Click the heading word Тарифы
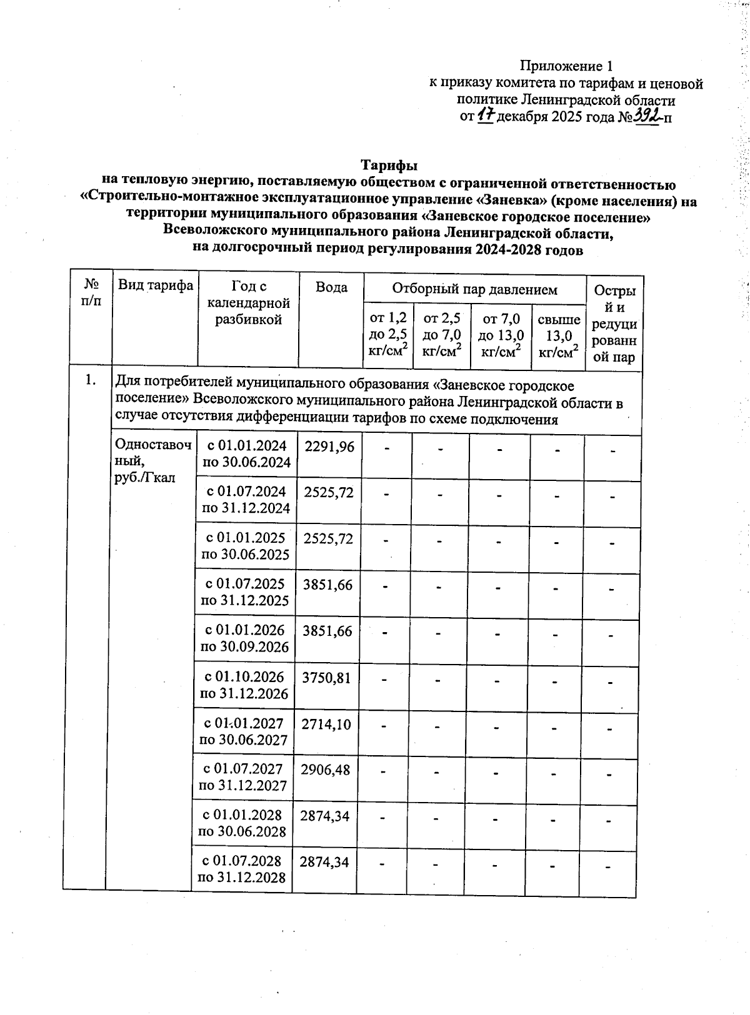[x=388, y=166]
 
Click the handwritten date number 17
[x=486, y=116]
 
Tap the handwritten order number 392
[x=646, y=115]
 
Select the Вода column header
[x=331, y=287]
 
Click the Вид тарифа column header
[x=156, y=286]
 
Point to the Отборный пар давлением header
[x=474, y=289]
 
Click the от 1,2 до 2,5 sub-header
[x=389, y=335]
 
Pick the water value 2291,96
[x=329, y=446]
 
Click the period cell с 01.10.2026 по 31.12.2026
[x=244, y=685]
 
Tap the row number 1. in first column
[x=91, y=380]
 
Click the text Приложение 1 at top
[x=566, y=66]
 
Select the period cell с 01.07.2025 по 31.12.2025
[x=245, y=592]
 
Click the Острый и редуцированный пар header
[x=615, y=324]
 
